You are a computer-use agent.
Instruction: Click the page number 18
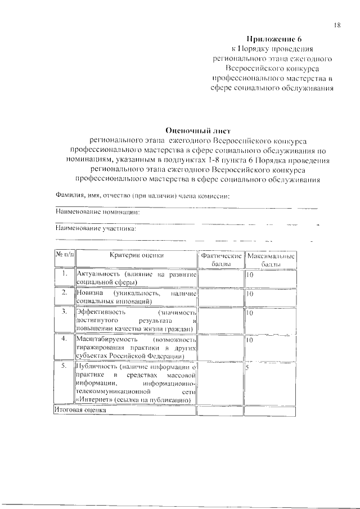coord(337,25)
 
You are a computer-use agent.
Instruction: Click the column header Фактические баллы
coord(220,260)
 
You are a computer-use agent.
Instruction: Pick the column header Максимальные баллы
coord(271,260)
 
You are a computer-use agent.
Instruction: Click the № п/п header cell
coord(64,255)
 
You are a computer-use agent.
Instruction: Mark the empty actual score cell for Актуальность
coord(220,278)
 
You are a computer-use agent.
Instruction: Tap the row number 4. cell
coord(64,339)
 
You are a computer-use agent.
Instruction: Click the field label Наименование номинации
coord(97,213)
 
